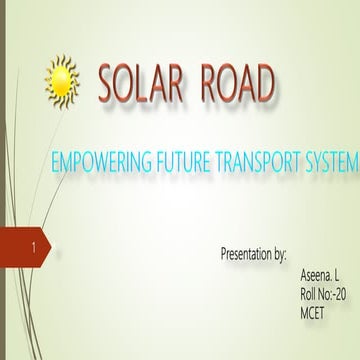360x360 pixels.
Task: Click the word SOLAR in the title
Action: pyautogui.click(x=141, y=87)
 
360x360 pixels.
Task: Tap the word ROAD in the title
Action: pyautogui.click(x=234, y=87)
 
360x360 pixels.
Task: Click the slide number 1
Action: pyautogui.click(x=36, y=243)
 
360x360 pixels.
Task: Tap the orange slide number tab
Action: pyautogui.click(x=30, y=244)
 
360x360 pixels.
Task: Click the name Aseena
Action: pyautogui.click(x=314, y=272)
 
